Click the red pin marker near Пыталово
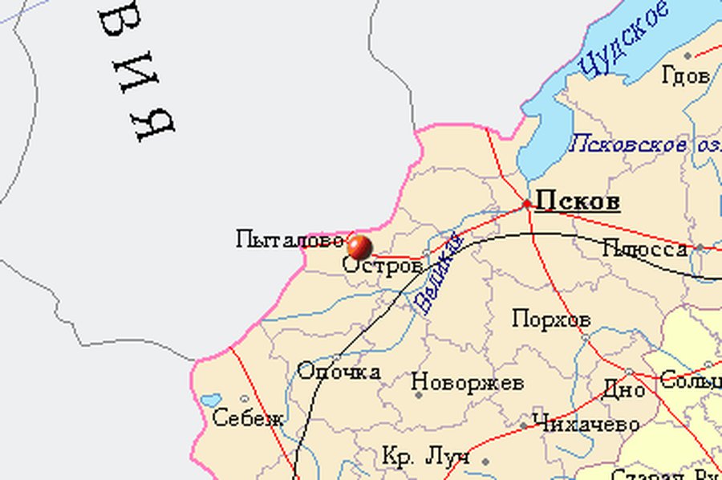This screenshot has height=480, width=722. [x=359, y=246]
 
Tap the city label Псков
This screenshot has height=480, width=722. [x=578, y=201]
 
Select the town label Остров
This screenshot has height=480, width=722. [x=383, y=266]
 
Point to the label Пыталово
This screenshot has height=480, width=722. [x=290, y=239]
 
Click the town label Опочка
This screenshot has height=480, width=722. [x=339, y=372]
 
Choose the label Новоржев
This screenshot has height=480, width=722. [x=467, y=382]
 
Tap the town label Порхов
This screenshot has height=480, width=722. [x=551, y=319]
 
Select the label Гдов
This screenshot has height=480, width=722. [x=686, y=77]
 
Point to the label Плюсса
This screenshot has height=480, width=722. [x=645, y=248]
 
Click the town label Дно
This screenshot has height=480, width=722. [x=623, y=391]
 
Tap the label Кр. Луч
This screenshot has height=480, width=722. [x=425, y=458]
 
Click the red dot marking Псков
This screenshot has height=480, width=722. [x=527, y=205]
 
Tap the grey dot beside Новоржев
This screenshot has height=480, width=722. [x=417, y=394]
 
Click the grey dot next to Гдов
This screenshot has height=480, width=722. [x=688, y=55]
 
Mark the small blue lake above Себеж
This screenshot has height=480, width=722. [x=211, y=400]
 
